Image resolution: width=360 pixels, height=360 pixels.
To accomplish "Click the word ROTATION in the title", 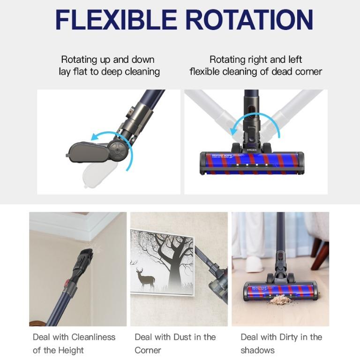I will [249, 20].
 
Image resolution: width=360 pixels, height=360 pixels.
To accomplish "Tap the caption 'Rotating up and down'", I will [107, 60].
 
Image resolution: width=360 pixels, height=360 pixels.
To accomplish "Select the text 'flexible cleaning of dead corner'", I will [255, 72].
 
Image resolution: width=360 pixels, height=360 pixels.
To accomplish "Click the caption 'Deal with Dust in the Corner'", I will [175, 343].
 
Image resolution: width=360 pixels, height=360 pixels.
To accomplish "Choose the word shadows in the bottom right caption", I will [257, 350].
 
